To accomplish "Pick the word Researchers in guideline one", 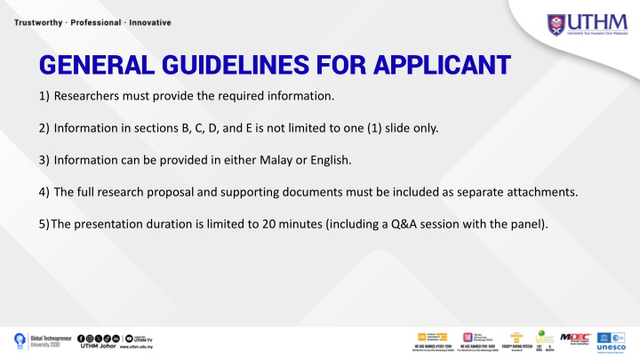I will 85,95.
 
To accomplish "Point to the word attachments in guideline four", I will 545,192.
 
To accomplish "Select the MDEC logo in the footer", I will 575,339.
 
